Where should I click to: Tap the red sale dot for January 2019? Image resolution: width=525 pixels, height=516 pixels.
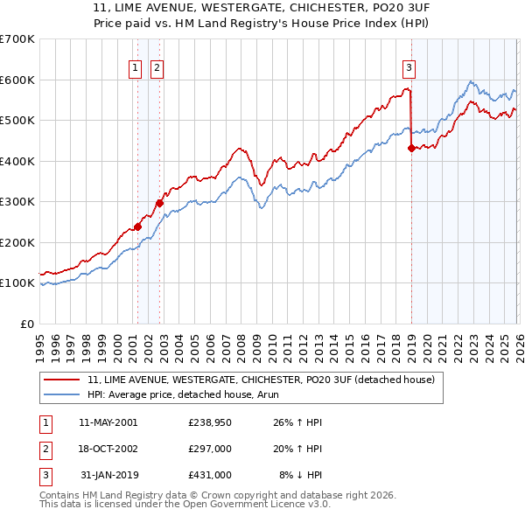(x=411, y=149)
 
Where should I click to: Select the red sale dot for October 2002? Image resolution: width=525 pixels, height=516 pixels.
(x=159, y=203)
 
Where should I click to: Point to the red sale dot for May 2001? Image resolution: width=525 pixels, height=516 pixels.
(x=137, y=227)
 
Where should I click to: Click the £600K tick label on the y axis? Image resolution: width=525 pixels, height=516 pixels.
(x=17, y=80)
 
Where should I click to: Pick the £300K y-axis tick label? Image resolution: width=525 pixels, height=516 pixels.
(x=17, y=202)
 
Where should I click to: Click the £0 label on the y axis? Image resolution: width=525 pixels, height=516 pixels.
(x=26, y=324)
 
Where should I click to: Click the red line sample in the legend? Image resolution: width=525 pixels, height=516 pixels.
(x=63, y=380)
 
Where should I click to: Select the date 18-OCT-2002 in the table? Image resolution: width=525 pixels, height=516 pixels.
(x=108, y=449)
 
